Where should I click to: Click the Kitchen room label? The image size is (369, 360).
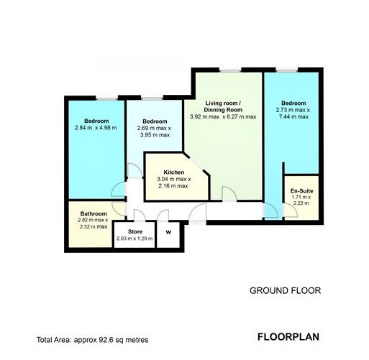click(173, 172)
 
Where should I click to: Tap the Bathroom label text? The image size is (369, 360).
click(94, 213)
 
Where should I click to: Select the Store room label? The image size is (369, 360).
click(135, 231)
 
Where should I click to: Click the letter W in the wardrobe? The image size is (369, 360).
click(168, 232)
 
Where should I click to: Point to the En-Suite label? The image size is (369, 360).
click(301, 190)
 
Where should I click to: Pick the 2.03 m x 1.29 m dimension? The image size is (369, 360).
click(135, 238)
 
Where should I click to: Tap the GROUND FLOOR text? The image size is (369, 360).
click(284, 290)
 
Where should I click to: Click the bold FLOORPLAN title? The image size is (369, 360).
click(287, 336)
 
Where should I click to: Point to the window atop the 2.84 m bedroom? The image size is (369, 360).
click(106, 97)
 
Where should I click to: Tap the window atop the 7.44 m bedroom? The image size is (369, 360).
click(285, 69)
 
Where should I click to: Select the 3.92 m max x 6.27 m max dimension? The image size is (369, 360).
click(222, 116)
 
